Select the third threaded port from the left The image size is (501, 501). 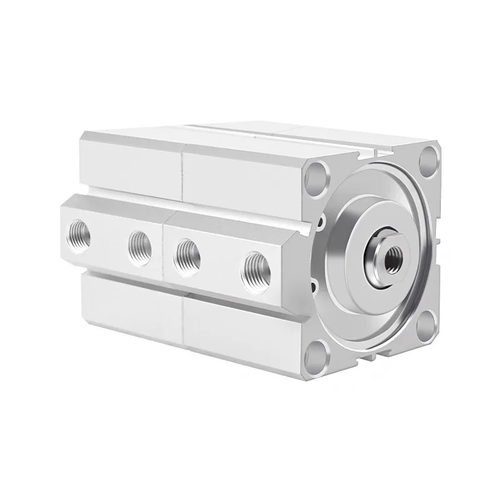point(187,254)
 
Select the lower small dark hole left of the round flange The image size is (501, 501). point(315,287)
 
